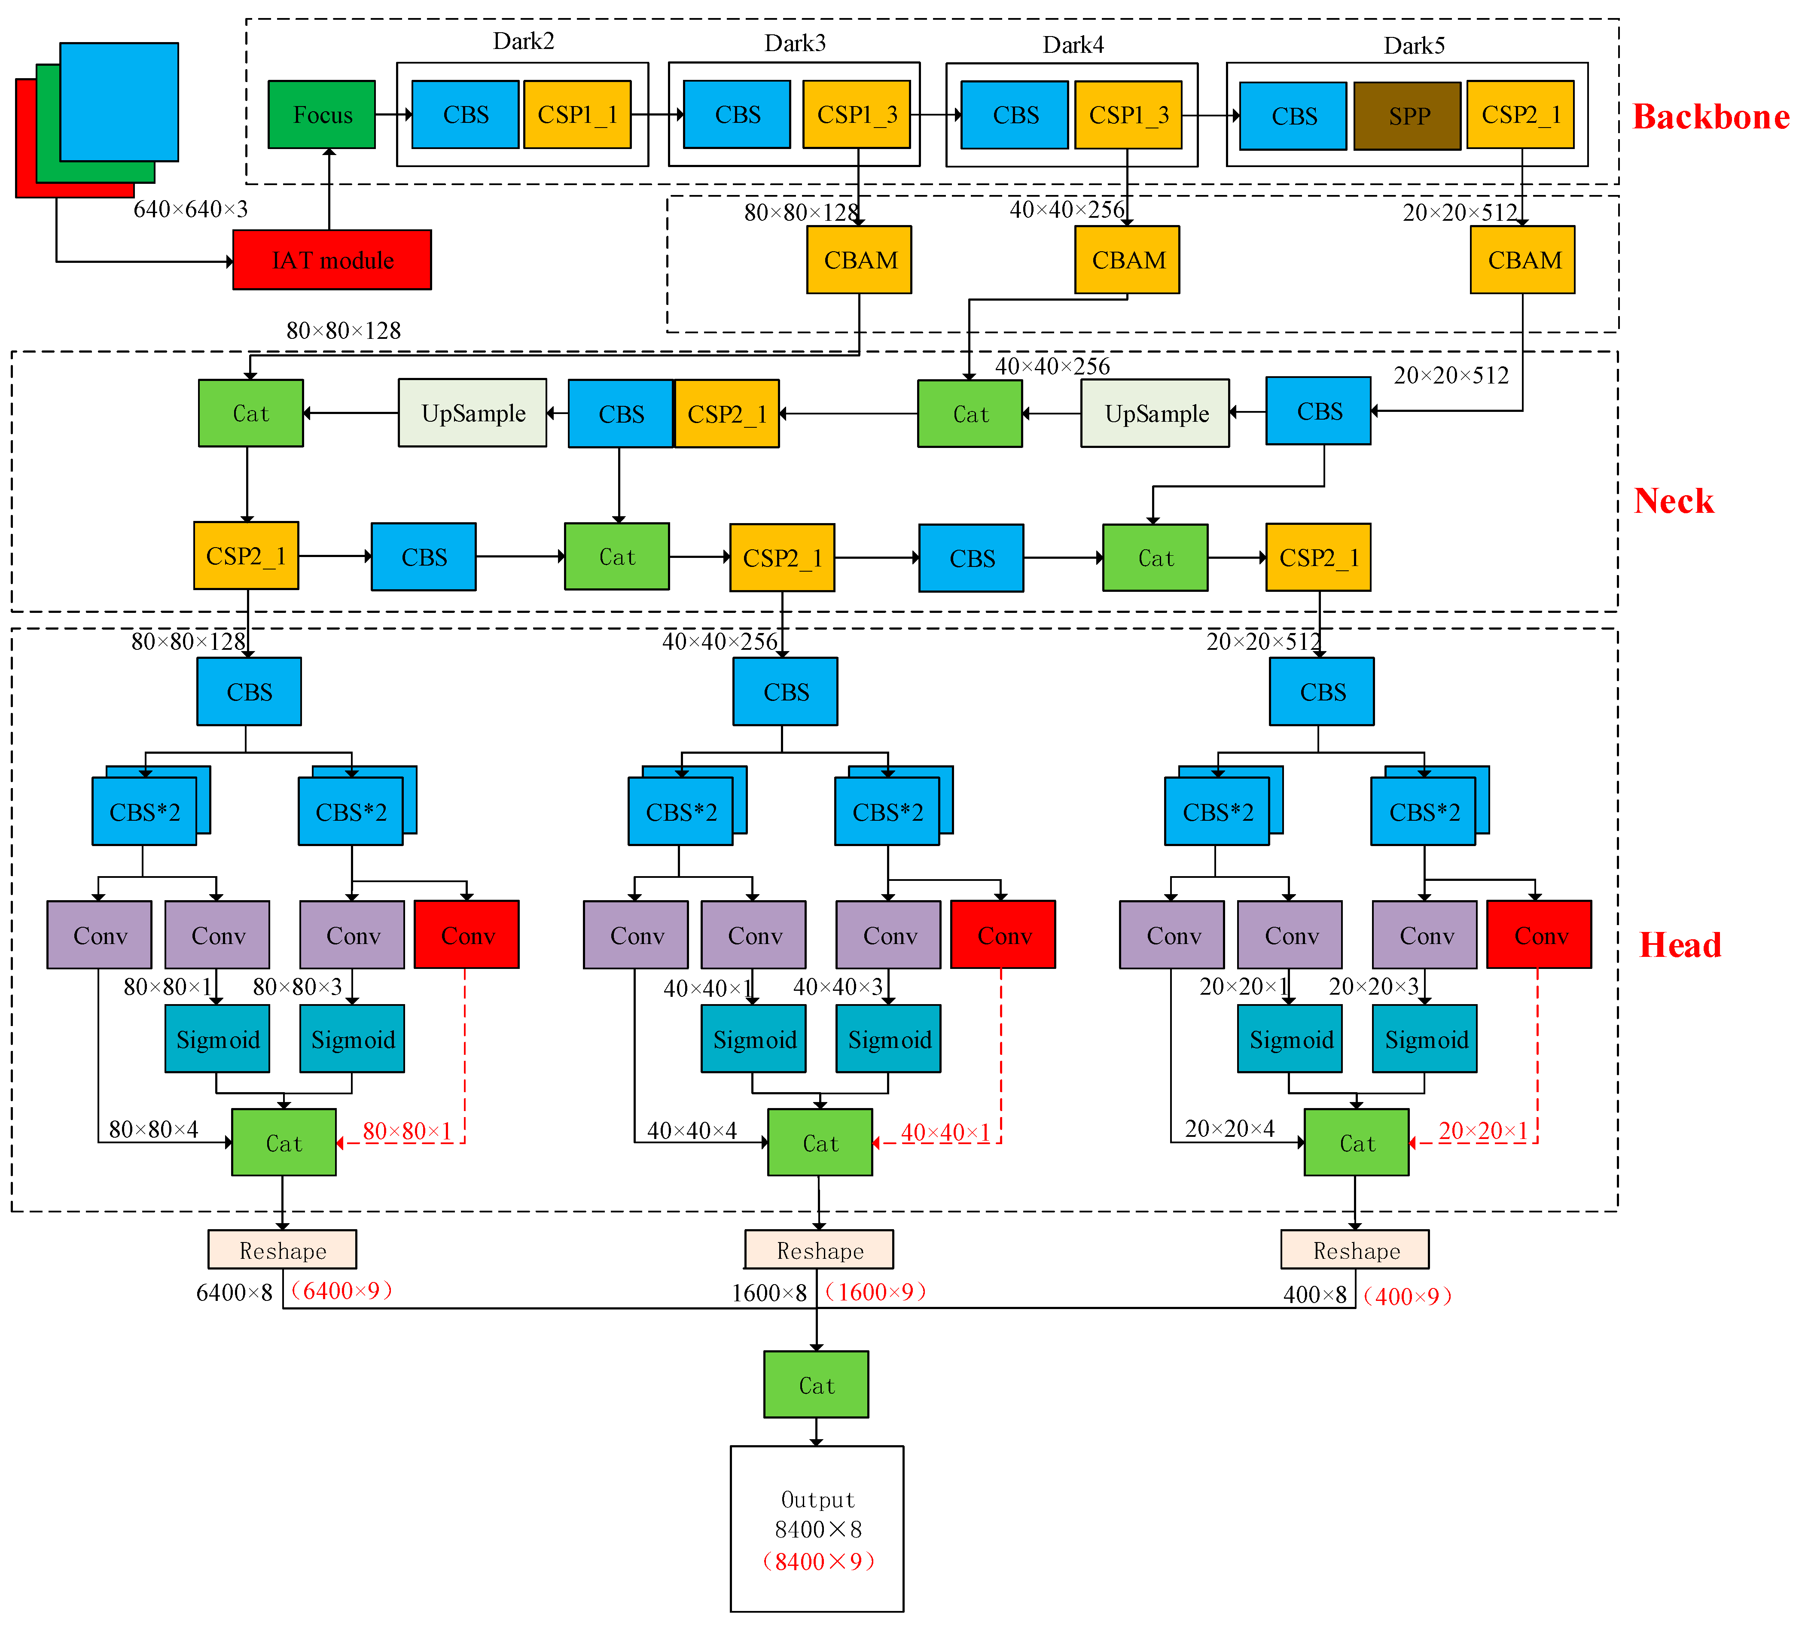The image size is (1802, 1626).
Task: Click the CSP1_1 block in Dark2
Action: (x=577, y=114)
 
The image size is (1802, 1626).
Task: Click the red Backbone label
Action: (x=1710, y=117)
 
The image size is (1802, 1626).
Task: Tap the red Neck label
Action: (x=1674, y=501)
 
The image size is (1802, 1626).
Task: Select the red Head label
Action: (x=1680, y=945)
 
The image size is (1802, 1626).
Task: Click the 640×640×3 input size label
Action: (x=190, y=209)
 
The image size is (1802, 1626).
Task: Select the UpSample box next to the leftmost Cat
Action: (x=473, y=414)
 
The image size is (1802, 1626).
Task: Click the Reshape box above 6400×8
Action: (x=282, y=1250)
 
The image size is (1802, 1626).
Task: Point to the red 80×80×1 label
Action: (x=406, y=1131)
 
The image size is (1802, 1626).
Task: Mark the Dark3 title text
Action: (x=794, y=43)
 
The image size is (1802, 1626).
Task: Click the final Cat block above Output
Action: (x=816, y=1385)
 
